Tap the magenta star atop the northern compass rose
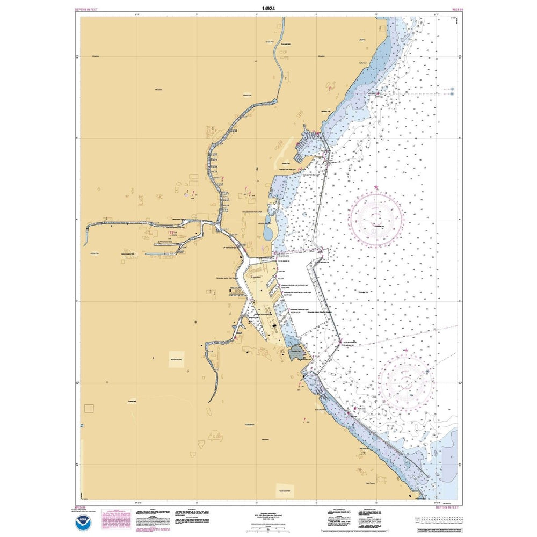pos(376,187)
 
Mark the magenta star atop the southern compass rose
pos(406,351)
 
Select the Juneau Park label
pos(285,163)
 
